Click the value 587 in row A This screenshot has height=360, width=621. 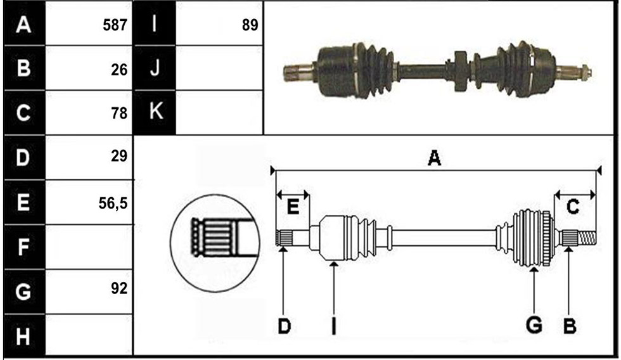click(115, 25)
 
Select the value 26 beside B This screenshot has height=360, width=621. click(119, 70)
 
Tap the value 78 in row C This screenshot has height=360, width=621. click(119, 113)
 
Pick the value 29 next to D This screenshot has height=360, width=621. click(119, 156)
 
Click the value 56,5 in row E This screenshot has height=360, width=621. click(113, 203)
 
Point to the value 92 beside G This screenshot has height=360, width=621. click(119, 288)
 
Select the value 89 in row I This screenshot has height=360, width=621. click(250, 25)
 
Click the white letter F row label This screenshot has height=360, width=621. click(23, 247)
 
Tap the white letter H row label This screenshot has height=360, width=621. click(23, 337)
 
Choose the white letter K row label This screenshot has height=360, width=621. click(156, 110)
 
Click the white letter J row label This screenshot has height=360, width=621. click(155, 68)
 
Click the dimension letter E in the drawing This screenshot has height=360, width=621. click(293, 207)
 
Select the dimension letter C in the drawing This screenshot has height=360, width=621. click(573, 207)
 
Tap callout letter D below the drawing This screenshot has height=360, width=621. click(284, 327)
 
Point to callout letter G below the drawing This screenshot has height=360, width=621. click(534, 325)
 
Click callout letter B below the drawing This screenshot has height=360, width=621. click(570, 326)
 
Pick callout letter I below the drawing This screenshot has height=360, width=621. click(333, 326)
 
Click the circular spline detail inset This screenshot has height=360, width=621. click(215, 243)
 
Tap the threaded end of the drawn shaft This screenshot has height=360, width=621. click(587, 238)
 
